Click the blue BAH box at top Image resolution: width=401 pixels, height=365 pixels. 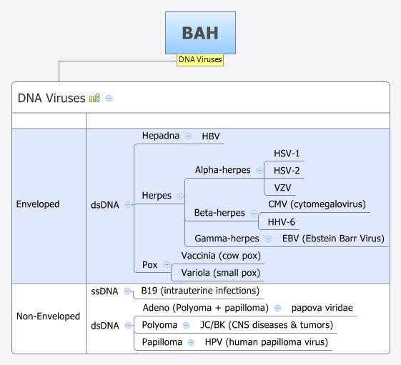point(200,32)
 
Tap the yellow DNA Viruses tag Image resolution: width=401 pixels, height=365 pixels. point(200,60)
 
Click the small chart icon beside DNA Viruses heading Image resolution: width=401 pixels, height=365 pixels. point(94,99)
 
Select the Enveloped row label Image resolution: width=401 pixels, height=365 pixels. point(38,204)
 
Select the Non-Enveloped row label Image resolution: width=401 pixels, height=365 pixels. point(48,316)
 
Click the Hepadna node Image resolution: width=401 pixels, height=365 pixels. point(160,136)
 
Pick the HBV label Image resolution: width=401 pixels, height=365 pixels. point(212,136)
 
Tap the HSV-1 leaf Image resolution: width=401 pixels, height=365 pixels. point(287,154)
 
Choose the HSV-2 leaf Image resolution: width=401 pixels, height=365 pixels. point(287,171)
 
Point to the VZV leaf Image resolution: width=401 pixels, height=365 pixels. point(283,188)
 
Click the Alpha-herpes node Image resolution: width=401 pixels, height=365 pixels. point(222,171)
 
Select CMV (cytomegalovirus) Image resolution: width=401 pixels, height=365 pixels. point(317,204)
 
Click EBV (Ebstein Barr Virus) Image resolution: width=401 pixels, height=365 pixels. point(333,239)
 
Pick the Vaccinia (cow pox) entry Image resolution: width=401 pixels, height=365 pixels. point(221,256)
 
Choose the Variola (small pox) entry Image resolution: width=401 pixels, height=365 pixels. point(221,273)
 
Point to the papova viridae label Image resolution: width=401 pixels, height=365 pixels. point(322,308)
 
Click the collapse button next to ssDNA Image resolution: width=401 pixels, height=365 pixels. point(127,291)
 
